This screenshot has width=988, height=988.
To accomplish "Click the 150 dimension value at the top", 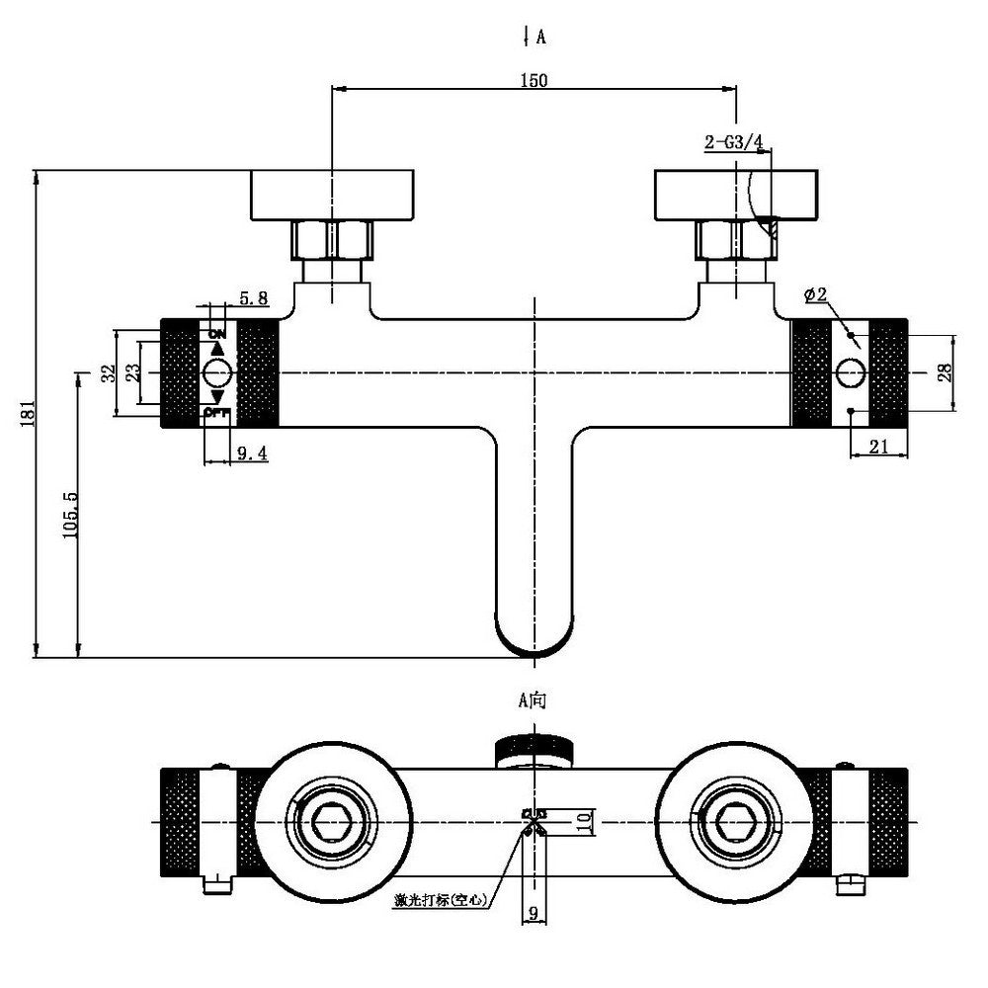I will (x=534, y=81).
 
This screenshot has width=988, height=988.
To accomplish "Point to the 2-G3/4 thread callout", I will (x=734, y=143).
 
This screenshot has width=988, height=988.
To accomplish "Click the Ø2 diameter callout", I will (x=816, y=294).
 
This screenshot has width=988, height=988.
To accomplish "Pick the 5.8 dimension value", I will (x=254, y=296).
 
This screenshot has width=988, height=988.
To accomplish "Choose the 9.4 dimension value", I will (x=253, y=453).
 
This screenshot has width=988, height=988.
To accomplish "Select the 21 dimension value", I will (x=879, y=447).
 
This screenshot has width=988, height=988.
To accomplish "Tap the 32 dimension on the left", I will (x=110, y=372).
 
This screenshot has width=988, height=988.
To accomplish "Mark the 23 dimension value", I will (x=131, y=372).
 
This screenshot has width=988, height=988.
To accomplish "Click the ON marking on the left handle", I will (x=217, y=333).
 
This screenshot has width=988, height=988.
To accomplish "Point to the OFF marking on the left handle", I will (x=216, y=412).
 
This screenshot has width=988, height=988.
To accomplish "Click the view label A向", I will (x=533, y=700).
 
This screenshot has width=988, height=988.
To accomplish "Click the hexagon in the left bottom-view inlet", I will (x=334, y=821).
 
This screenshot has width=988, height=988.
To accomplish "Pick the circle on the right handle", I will (x=850, y=372).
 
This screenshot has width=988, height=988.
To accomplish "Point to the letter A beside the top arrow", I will (x=541, y=39).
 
